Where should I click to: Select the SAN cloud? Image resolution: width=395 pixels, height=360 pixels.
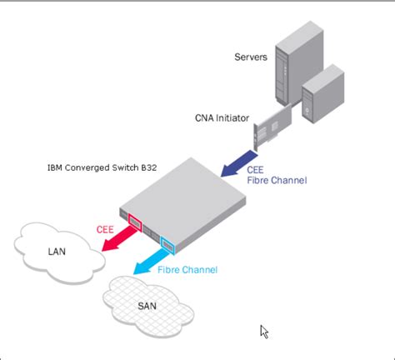(x=147, y=304)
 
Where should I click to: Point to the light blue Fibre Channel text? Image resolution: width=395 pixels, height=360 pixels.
(x=187, y=270)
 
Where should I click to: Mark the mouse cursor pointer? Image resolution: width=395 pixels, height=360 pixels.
(x=265, y=332)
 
